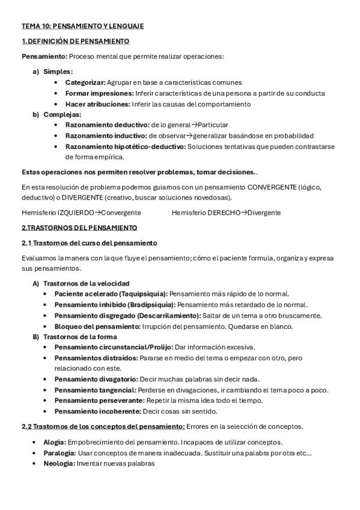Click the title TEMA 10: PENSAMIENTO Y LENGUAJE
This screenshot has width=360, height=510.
click(83, 26)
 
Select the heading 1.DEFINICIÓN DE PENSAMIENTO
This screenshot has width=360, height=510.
click(75, 41)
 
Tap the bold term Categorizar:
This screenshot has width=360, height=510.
click(85, 82)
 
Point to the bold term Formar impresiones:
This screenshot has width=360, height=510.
click(99, 93)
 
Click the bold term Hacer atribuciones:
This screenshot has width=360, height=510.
click(97, 104)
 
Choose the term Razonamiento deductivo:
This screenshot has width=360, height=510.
click(108, 125)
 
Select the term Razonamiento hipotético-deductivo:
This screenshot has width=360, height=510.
click(126, 146)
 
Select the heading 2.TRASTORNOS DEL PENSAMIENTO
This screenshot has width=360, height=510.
click(79, 228)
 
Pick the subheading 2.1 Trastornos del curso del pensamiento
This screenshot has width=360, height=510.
click(89, 243)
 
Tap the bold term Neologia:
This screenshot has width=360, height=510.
click(59, 464)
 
